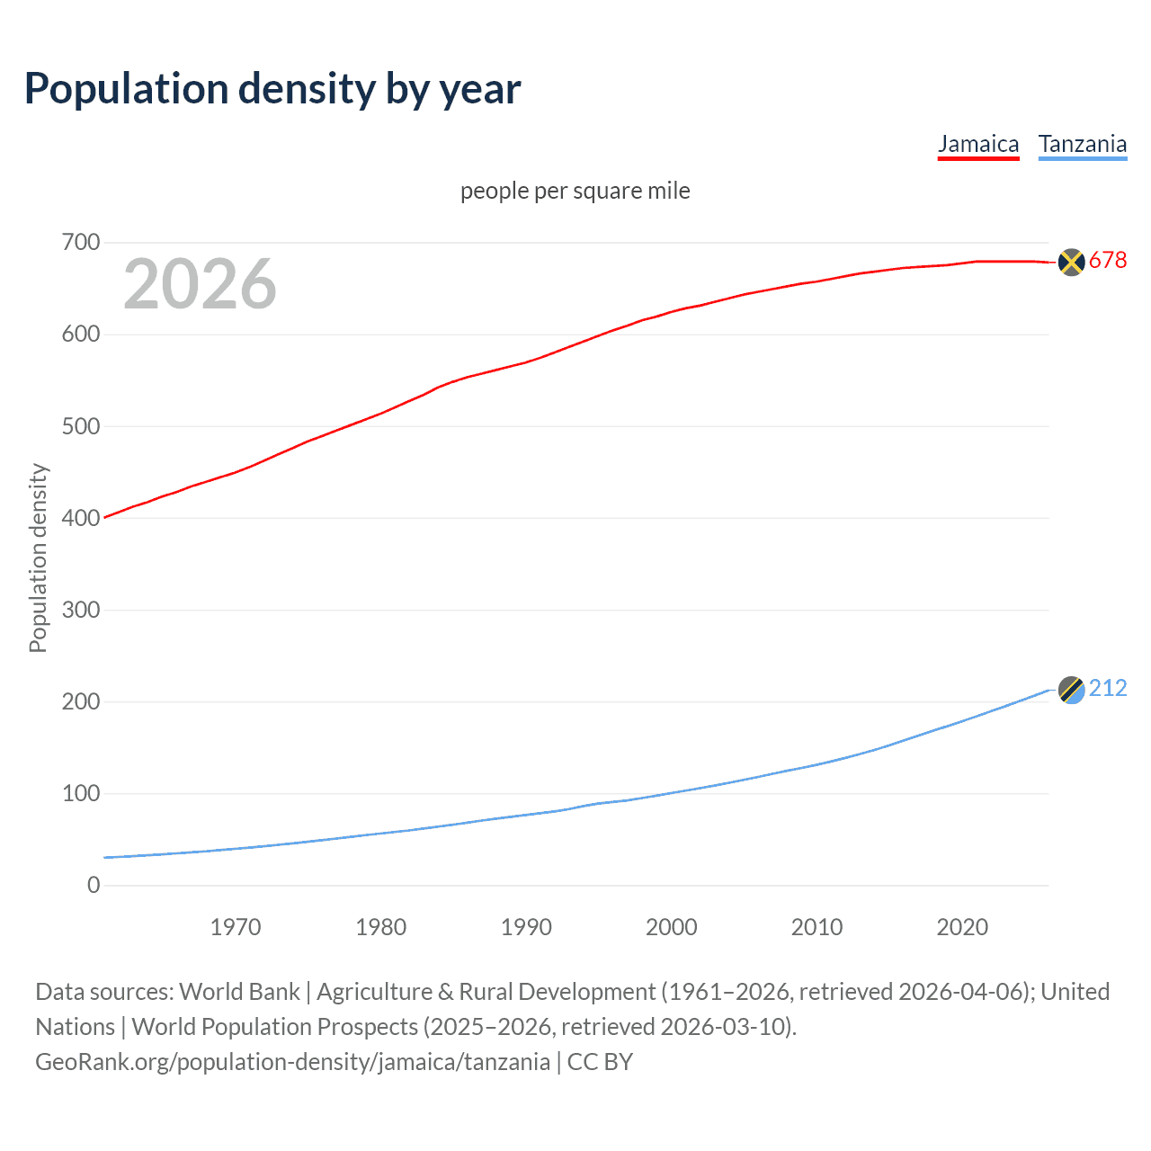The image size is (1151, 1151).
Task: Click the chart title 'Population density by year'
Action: click(x=272, y=89)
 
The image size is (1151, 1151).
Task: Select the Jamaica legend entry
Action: click(x=978, y=144)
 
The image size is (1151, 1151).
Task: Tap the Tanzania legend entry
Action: click(x=1082, y=144)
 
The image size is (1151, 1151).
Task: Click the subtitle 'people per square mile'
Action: click(x=575, y=191)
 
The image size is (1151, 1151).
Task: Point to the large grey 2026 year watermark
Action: click(x=200, y=284)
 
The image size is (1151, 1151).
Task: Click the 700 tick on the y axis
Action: click(x=81, y=243)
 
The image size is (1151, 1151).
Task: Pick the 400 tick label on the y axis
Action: click(x=81, y=518)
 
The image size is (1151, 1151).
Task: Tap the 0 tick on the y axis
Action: click(x=94, y=885)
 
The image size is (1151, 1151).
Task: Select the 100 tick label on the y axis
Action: click(x=81, y=793)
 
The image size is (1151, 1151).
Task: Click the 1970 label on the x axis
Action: click(x=236, y=927)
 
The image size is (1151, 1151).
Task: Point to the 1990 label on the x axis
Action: click(x=526, y=927)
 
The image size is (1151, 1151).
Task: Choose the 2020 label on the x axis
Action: click(x=962, y=927)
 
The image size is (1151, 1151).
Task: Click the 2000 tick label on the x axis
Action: click(x=672, y=927)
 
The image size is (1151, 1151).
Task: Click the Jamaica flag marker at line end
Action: click(x=1071, y=262)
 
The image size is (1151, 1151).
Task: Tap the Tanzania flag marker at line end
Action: click(x=1071, y=690)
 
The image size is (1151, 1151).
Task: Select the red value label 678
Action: click(x=1108, y=261)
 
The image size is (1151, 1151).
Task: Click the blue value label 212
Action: click(x=1108, y=689)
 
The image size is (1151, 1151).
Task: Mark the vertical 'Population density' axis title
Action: click(x=38, y=558)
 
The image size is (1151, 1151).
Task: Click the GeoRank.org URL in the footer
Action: click(x=292, y=1062)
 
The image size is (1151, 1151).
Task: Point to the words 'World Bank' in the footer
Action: click(x=239, y=992)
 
